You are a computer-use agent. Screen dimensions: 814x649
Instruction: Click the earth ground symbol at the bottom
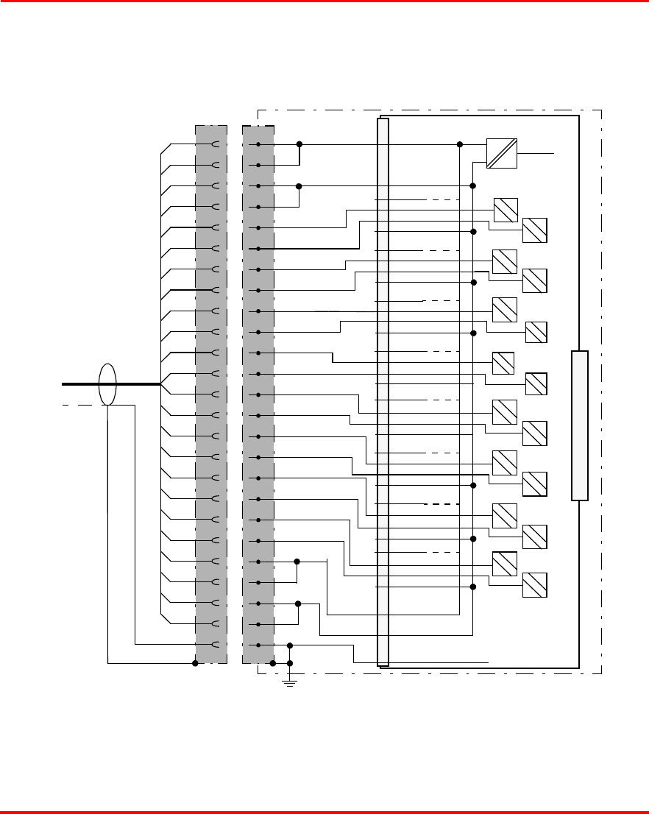[290, 684]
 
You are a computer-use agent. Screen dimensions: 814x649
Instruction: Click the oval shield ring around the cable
[107, 384]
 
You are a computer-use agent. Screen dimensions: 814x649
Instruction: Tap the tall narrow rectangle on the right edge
[580, 426]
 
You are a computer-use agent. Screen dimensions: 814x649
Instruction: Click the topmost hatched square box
[506, 210]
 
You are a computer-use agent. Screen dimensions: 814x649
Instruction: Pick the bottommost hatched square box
[535, 585]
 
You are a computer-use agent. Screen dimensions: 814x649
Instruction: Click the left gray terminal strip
[210, 394]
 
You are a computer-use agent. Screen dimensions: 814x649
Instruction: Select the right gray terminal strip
[258, 394]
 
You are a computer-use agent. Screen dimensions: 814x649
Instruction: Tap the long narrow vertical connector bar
[383, 392]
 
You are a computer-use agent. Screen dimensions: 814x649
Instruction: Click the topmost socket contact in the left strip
[215, 144]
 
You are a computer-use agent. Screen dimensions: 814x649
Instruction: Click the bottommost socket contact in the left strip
[215, 645]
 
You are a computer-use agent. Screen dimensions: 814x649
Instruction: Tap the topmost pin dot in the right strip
[258, 144]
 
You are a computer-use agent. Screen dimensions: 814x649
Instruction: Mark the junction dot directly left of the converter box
[460, 144]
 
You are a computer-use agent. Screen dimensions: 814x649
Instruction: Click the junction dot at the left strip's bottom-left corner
[195, 663]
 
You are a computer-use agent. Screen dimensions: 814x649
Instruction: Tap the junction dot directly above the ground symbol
[290, 663]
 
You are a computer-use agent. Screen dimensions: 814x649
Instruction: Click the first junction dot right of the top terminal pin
[299, 144]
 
